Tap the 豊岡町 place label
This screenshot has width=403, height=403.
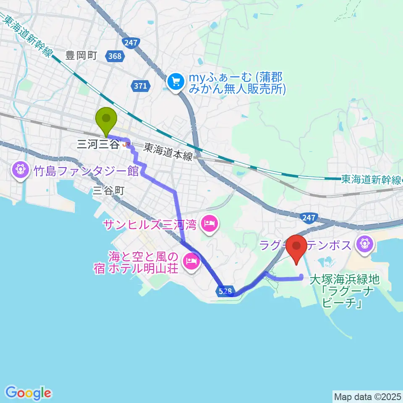[81, 55]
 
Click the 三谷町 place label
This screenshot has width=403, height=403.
[109, 190]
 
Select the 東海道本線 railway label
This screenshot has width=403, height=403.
[168, 152]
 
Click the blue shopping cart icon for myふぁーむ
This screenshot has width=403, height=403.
[175, 81]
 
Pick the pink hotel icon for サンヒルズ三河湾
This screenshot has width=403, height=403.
[209, 223]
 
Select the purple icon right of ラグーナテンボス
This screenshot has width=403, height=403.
[364, 243]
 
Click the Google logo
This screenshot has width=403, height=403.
[29, 393]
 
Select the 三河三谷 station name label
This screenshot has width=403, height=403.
[97, 145]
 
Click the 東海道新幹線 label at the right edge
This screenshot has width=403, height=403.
[371, 180]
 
